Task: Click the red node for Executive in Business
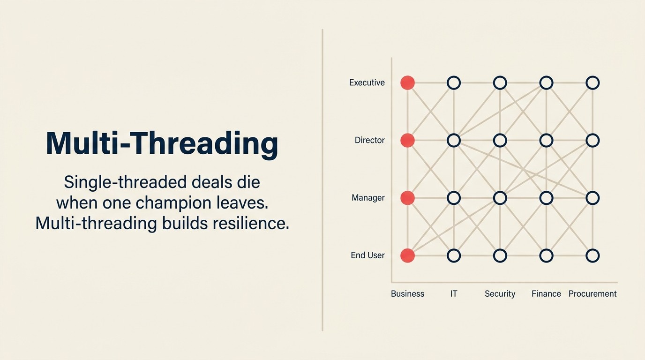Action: point(407,83)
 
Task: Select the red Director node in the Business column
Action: point(407,140)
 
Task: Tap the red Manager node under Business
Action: point(407,198)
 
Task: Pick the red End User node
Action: point(407,255)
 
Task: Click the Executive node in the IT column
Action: point(453,83)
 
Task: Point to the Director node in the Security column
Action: point(500,140)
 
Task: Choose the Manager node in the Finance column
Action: point(546,198)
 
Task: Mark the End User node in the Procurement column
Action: point(592,255)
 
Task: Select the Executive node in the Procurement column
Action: point(592,83)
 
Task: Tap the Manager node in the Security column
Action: point(500,198)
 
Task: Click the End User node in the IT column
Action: point(453,255)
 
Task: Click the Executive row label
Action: point(367,83)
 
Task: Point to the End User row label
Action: point(367,255)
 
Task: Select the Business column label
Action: point(407,294)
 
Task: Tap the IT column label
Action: point(453,294)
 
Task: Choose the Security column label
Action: point(500,294)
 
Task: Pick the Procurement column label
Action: point(592,294)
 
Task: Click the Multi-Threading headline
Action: point(162,143)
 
